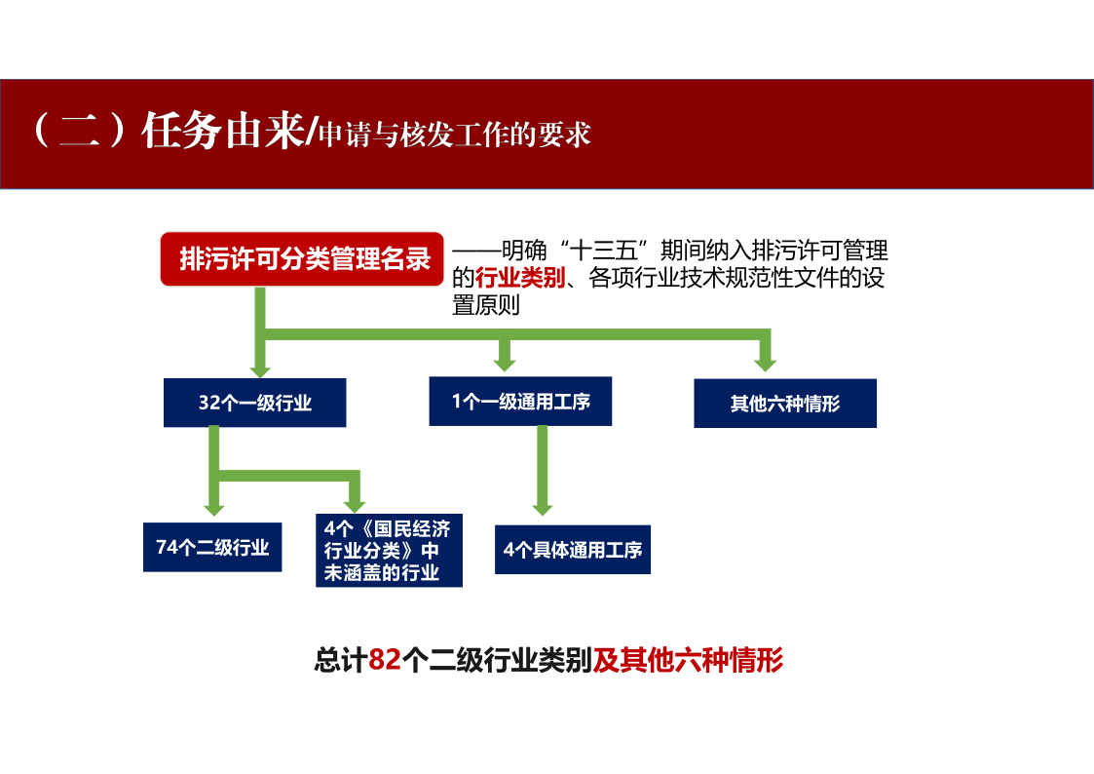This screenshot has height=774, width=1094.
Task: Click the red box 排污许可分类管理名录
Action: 302,259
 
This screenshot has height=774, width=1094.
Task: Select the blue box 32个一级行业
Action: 254,403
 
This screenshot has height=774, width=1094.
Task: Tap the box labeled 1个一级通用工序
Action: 520,402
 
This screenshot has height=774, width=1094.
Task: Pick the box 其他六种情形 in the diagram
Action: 785,404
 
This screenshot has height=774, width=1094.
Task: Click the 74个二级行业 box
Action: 212,547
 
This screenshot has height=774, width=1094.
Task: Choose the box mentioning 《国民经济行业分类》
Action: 389,551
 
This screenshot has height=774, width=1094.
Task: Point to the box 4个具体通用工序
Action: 573,550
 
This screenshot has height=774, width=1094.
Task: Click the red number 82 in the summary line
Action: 385,660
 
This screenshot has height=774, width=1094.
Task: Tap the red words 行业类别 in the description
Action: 520,278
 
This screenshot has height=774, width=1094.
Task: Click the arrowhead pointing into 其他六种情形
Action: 766,365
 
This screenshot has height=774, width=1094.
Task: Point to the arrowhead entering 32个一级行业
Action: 260,369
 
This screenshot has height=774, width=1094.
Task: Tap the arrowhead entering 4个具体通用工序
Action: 542,508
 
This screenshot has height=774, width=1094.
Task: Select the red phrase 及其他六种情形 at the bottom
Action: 688,660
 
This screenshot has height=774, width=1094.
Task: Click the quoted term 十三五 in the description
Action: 604,250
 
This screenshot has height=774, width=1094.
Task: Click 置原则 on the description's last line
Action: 486,305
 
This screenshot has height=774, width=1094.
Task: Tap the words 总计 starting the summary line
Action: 341,660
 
